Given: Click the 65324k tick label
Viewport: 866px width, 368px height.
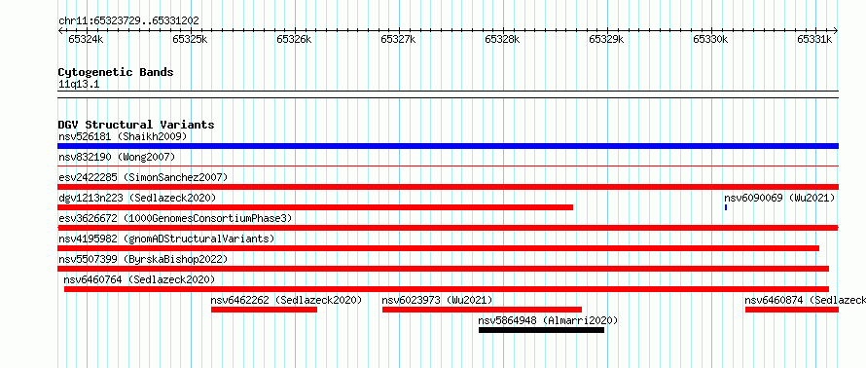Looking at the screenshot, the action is pos(85,39).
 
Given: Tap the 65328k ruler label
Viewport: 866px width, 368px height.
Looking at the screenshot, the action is pos(502,39).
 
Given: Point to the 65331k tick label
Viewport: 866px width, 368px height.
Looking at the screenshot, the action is pos(814,39).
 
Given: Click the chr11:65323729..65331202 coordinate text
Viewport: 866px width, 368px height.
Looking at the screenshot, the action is pos(128,21).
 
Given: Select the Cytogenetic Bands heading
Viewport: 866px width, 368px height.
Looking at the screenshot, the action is pos(116,72).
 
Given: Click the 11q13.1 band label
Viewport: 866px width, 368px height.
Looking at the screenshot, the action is pos(79,85).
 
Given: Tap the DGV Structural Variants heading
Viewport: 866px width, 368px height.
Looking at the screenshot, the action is pos(136,125).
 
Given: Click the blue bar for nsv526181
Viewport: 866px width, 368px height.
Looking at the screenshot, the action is pos(448,146).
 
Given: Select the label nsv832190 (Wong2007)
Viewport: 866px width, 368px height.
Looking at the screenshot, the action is pos(117,157).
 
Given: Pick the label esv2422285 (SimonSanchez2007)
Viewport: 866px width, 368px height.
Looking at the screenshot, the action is pos(143,177).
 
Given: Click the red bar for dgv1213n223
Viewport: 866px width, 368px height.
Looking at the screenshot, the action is pos(315,207).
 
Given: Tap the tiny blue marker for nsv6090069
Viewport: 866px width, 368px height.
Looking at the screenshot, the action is pos(726,207).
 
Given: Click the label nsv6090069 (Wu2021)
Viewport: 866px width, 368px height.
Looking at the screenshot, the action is pos(779,198).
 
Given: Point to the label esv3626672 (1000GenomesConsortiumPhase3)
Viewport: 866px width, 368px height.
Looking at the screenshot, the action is pos(175,218).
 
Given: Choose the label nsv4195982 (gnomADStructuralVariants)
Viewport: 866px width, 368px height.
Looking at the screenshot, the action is pos(166,239).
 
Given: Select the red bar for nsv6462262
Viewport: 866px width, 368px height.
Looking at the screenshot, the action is pos(264,310).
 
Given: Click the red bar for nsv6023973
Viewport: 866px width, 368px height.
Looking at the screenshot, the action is pos(483,310).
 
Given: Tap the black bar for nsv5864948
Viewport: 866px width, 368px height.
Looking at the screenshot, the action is pos(541,330).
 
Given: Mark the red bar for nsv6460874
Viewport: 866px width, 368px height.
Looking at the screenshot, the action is pos(792,310).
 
